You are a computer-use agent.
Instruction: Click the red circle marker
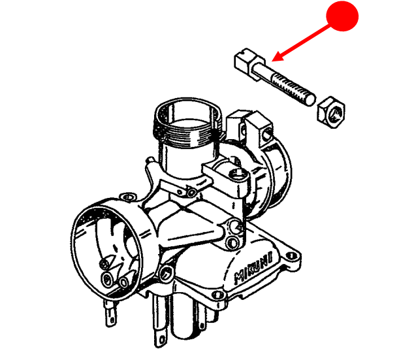[342, 16]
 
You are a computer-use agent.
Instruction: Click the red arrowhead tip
[272, 61]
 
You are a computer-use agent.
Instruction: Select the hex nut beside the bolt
[331, 112]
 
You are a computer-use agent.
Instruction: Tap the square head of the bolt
[246, 61]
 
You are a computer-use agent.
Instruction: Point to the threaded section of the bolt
[293, 88]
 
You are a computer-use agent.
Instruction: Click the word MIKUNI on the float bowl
[253, 268]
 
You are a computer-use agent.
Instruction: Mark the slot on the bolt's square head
[245, 53]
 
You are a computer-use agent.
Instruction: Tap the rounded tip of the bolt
[311, 99]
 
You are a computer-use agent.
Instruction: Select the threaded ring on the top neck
[187, 133]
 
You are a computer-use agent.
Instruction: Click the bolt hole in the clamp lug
[267, 134]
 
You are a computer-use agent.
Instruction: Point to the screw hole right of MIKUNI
[291, 255]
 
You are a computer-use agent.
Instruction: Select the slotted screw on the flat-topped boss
[238, 174]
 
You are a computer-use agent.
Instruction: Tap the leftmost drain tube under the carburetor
[111, 313]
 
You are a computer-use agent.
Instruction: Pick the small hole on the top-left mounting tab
[128, 197]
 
